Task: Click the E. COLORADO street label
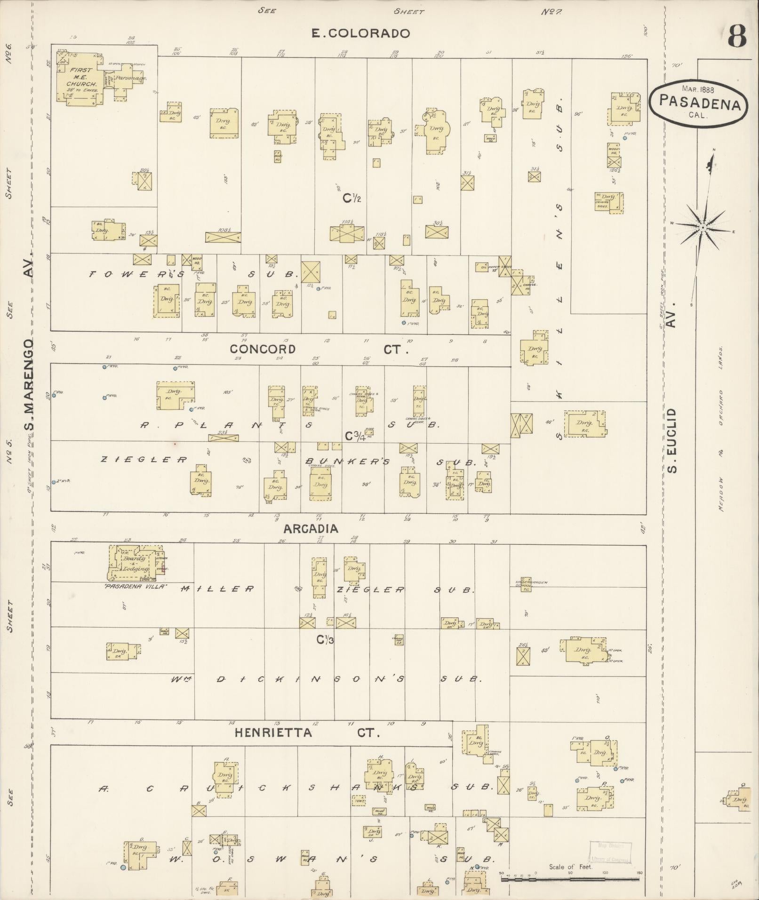click(361, 33)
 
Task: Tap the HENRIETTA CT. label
click(306, 733)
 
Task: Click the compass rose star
click(702, 227)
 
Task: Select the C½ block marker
click(352, 199)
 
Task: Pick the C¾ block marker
click(355, 436)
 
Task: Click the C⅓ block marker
click(325, 639)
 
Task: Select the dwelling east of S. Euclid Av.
click(737, 799)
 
